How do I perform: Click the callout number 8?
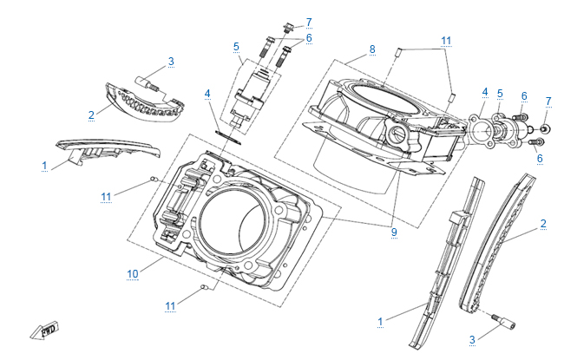pos(372,49)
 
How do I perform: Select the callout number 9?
pos(393,232)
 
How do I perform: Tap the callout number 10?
pos(133,273)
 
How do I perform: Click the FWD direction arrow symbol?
pos(43,330)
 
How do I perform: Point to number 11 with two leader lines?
pos(446,41)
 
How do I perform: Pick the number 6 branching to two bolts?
pos(308,37)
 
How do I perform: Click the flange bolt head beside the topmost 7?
pos(287,25)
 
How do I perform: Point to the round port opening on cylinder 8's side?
pos(399,135)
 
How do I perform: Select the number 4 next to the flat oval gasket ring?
pos(207,93)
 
